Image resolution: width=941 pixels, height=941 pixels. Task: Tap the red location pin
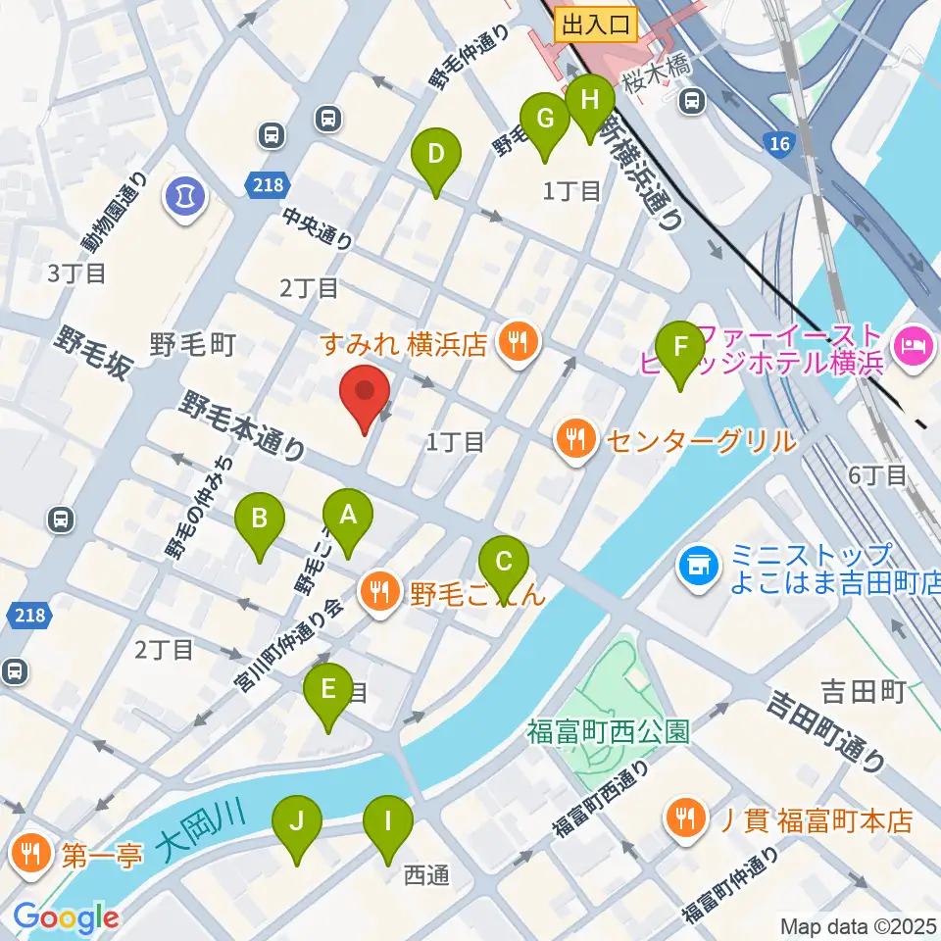pos(365,395)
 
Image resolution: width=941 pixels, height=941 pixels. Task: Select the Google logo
pos(66,917)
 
